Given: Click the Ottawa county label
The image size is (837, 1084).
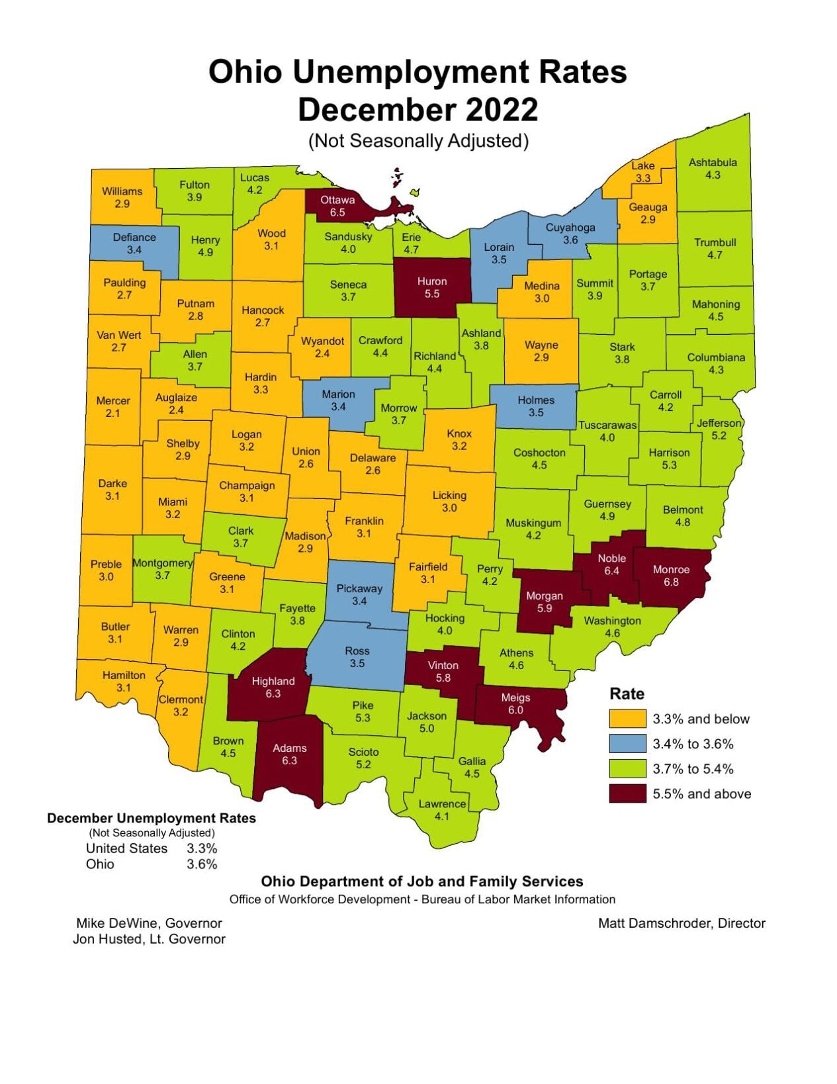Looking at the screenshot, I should [337, 200].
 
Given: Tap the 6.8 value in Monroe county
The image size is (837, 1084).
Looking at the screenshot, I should [671, 582].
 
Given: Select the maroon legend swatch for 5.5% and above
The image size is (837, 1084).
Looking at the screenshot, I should [627, 793].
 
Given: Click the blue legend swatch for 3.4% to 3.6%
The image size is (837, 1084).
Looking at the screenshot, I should [627, 744].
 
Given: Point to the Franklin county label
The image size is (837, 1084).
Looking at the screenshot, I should [364, 521].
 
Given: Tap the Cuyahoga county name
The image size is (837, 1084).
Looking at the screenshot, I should [570, 227].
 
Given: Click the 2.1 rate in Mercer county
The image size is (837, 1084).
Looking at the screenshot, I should [112, 413].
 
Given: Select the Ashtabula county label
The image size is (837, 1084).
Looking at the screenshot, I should [713, 162].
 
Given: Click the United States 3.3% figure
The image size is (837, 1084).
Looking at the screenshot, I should [202, 848].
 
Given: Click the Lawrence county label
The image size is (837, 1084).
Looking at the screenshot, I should [442, 804].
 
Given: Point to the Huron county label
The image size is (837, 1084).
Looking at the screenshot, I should [432, 281].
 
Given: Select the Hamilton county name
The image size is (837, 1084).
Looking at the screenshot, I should [124, 675].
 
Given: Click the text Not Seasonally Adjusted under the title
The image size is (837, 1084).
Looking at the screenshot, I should [418, 141].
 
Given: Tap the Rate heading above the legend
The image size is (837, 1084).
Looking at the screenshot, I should [627, 694].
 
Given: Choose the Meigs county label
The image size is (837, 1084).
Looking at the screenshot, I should [515, 698].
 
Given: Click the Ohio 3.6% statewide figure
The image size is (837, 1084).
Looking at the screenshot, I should [202, 864].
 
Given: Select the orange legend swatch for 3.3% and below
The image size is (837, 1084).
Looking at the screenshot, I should [627, 719].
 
